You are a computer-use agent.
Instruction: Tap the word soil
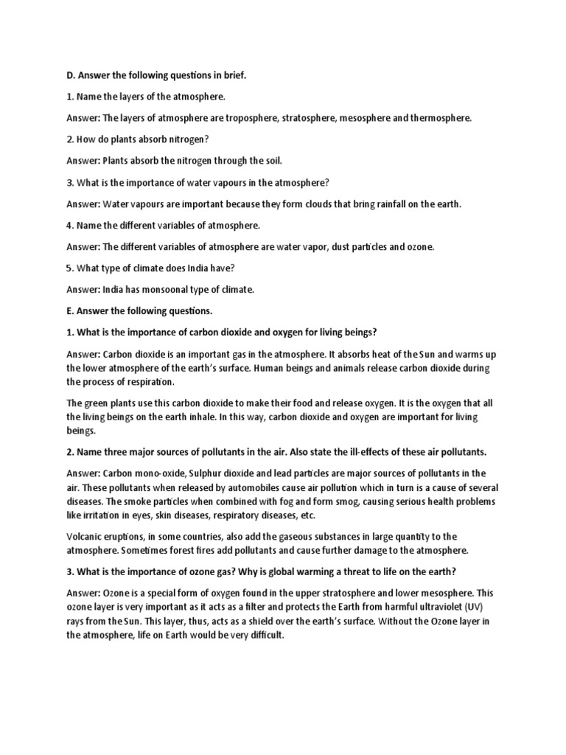pyautogui.click(x=270, y=161)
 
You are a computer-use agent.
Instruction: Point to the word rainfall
pyautogui.click(x=387, y=203)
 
